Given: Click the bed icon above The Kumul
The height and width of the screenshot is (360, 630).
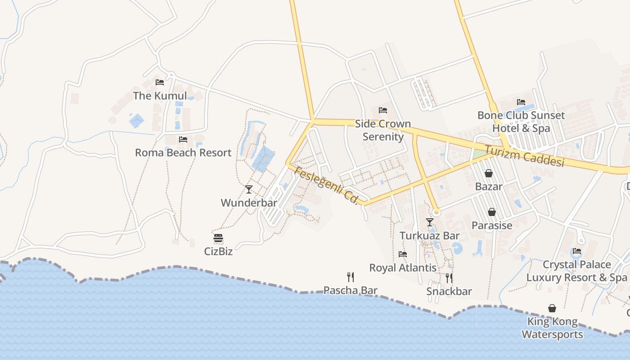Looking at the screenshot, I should click(x=160, y=82).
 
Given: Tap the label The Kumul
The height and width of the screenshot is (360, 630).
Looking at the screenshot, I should click(x=160, y=96).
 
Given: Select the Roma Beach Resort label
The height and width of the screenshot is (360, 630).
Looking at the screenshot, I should click(x=183, y=153).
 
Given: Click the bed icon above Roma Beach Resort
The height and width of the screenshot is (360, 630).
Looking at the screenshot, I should click(x=183, y=139).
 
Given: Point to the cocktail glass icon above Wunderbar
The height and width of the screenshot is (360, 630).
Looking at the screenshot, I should click(x=249, y=189).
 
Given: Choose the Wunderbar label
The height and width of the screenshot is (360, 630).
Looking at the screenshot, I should click(x=249, y=203).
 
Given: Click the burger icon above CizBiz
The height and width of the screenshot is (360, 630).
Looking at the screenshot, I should click(x=218, y=238).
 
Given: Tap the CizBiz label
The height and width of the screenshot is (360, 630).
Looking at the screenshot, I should click(x=218, y=251).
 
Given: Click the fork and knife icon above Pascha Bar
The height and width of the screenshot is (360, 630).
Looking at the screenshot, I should click(x=351, y=277).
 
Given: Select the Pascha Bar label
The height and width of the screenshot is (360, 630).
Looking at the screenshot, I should click(x=351, y=290).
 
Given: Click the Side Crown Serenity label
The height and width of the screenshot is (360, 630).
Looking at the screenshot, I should click(x=383, y=130).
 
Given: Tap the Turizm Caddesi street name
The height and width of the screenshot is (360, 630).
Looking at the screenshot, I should click(x=524, y=156).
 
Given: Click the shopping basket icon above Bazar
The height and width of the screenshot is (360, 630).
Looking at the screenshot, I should click(x=489, y=173).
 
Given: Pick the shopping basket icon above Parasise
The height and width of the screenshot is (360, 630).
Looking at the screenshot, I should click(x=492, y=212).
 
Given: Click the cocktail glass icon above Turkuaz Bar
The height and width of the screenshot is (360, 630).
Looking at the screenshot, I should click(x=430, y=222).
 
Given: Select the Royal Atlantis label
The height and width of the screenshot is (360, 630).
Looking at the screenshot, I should click(x=403, y=268).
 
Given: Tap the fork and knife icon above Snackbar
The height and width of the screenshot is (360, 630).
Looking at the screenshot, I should click(x=449, y=278).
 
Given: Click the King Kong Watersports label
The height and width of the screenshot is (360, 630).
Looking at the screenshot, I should click(x=552, y=328).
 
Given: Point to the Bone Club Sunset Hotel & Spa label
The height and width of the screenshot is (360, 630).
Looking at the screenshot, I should click(x=521, y=121).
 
